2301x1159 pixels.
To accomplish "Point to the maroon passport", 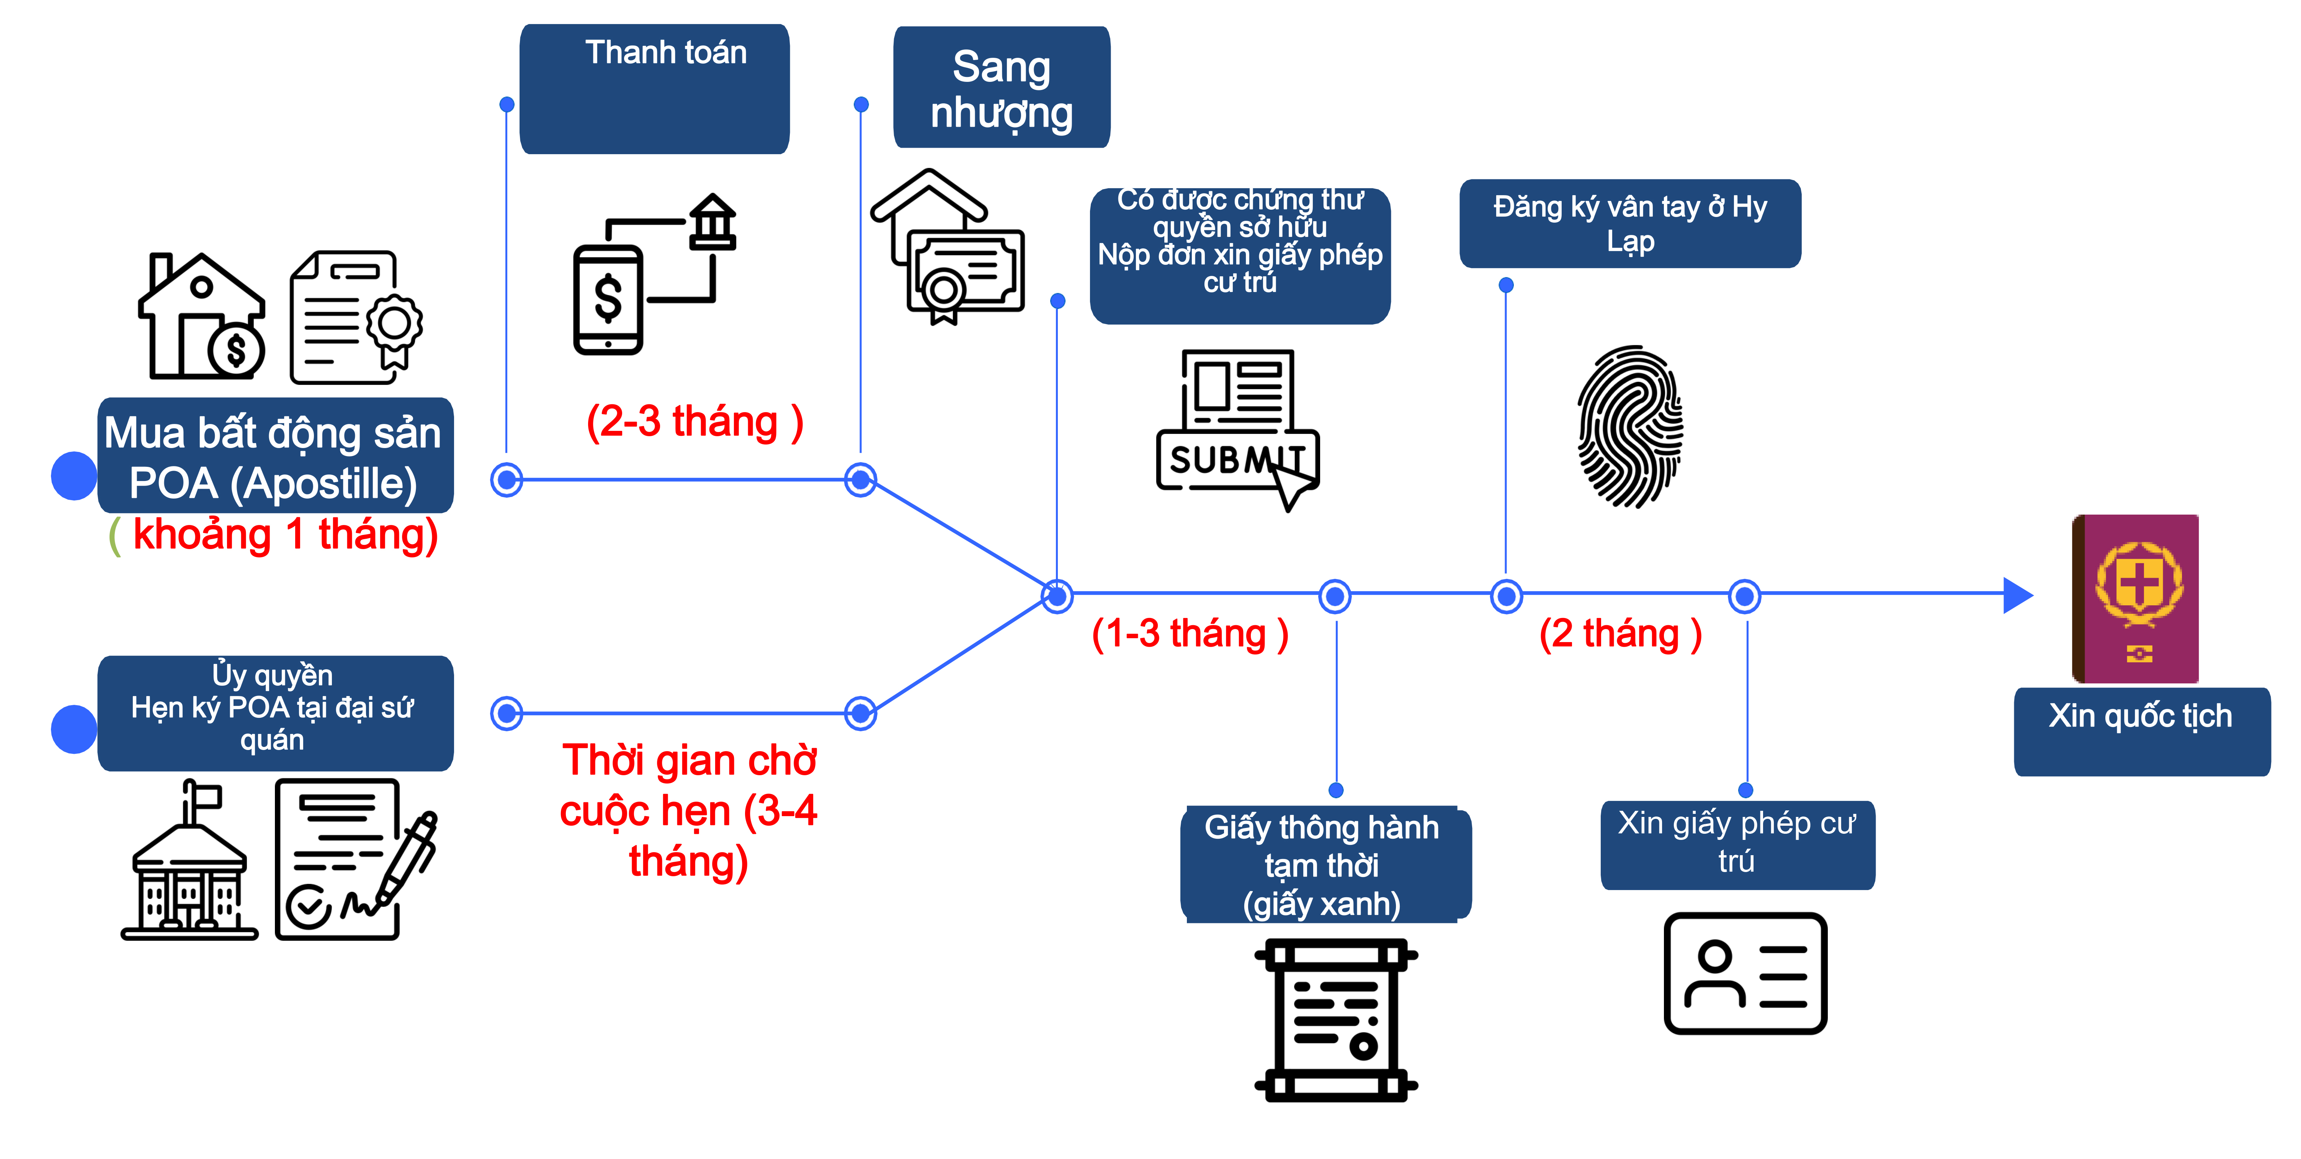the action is click(2135, 598).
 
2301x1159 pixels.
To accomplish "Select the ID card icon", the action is click(1745, 973).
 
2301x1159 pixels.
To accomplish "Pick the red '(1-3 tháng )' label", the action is click(1190, 634).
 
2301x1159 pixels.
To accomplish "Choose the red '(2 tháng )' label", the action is click(1620, 634).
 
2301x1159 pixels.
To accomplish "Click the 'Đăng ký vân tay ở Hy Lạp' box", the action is click(1630, 223).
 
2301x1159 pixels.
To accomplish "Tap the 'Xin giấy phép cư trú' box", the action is click(1737, 845).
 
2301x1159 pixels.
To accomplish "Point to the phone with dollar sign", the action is click(608, 300).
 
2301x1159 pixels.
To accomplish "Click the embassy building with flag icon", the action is click(190, 859).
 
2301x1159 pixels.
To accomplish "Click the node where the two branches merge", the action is click(1057, 596).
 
